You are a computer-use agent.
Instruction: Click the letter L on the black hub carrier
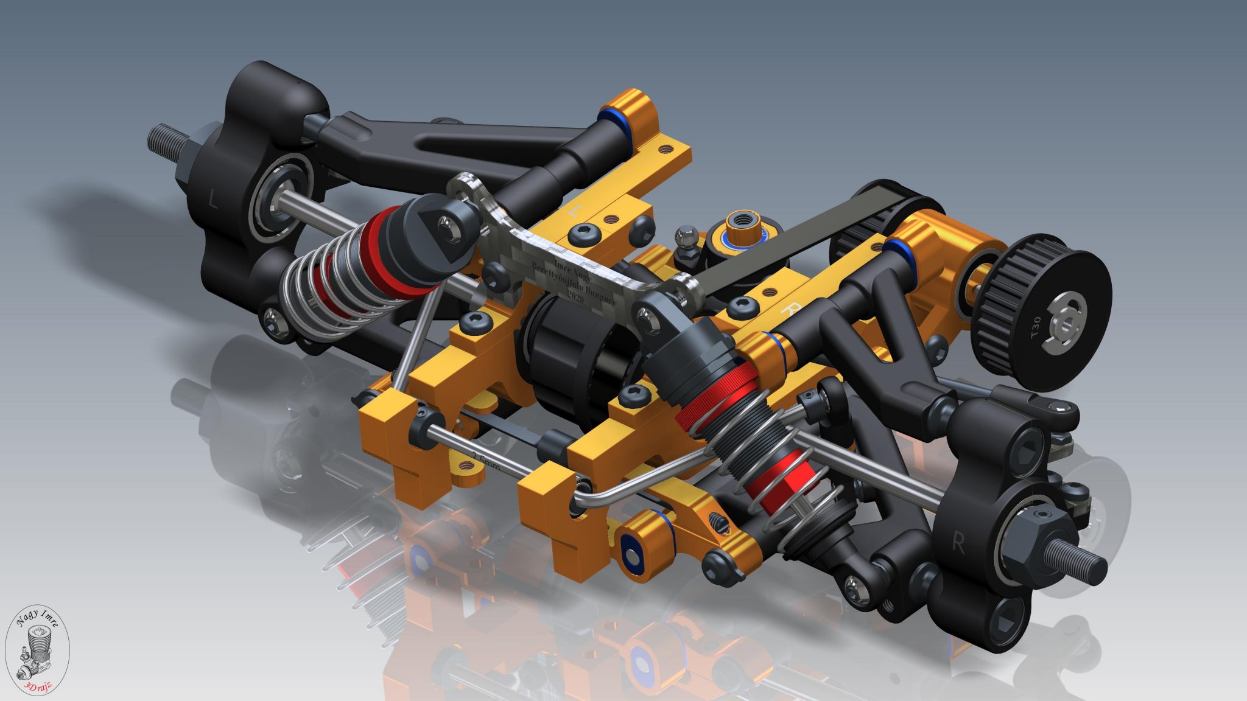[212, 198]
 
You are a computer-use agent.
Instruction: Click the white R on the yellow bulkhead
[790, 307]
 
